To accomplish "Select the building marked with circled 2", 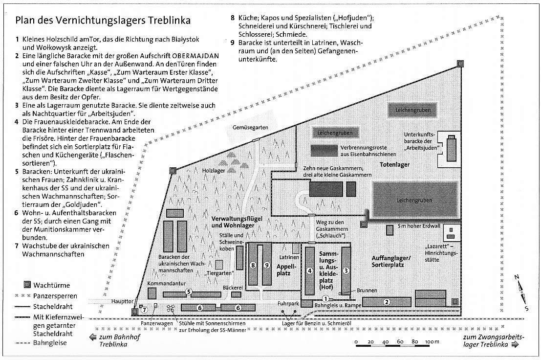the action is point(387,302).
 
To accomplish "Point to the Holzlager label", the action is point(214,171).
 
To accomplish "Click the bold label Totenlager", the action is point(396,165).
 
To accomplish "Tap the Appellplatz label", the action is point(280,270).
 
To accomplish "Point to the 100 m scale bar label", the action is point(433,341).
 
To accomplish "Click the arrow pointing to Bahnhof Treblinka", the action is point(91,337).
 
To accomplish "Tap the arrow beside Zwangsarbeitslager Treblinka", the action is point(515,344).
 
